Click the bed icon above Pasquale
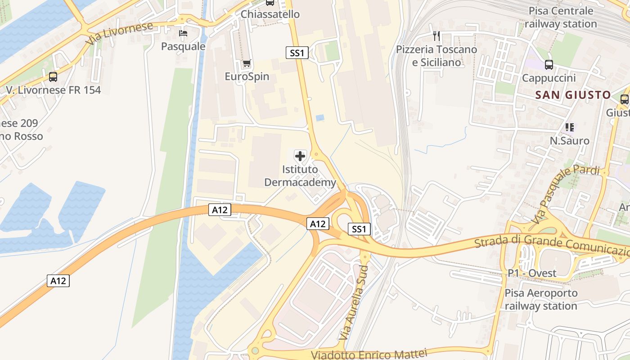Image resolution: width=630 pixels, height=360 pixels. click(x=183, y=33)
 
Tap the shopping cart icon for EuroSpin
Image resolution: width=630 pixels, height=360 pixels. click(x=247, y=63)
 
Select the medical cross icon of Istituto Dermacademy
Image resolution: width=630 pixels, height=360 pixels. click(x=300, y=156)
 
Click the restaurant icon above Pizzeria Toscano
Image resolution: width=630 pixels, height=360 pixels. click(x=436, y=36)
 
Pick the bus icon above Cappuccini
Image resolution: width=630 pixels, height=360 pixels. click(x=549, y=65)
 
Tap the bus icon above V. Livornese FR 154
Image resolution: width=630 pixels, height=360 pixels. click(x=53, y=77)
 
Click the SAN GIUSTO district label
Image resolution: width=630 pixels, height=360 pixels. click(x=573, y=95)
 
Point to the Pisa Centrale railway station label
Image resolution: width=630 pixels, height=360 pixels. click(x=561, y=17)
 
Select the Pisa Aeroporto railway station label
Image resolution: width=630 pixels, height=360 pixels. click(x=540, y=300)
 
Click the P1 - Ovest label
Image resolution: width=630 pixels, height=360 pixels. click(x=532, y=273)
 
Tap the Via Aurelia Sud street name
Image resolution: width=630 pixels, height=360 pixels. click(x=354, y=302)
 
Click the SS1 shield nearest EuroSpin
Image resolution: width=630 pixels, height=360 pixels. click(x=297, y=53)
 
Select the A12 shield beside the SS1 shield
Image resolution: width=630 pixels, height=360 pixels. click(x=318, y=224)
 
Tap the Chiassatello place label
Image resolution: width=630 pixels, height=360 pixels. click(x=270, y=14)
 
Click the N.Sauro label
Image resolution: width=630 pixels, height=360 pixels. click(x=569, y=141)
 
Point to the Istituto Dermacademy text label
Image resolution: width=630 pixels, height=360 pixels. click(x=300, y=176)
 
